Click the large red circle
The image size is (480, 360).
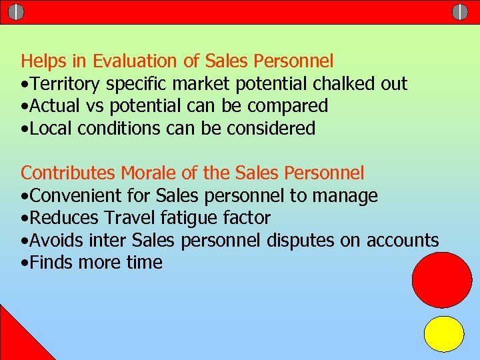point(442,279)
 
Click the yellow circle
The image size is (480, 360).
point(444,334)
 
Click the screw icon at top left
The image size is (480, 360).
point(17,11)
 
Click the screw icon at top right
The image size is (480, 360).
point(460,11)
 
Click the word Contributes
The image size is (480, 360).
point(68,173)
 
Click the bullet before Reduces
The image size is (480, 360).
point(24,219)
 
